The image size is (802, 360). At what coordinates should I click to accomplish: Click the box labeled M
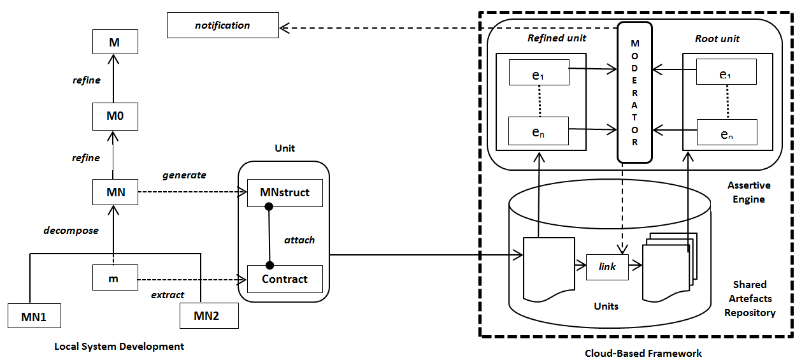pos(115,43)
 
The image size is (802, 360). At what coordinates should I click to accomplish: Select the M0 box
pos(115,117)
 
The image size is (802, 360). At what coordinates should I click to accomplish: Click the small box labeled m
pos(115,278)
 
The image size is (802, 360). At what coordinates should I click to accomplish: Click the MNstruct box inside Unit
pos(285,192)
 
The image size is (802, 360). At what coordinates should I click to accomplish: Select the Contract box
pos(285,279)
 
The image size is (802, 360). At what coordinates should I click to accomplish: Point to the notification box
pos(222,25)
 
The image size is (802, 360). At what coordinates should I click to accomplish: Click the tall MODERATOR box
pos(634,92)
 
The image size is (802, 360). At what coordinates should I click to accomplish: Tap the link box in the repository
pos(607,267)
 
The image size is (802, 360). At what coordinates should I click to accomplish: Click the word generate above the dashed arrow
pos(184,175)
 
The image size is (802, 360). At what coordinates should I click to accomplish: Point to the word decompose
pos(71,231)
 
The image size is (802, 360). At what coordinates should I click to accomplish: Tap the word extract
pos(168,295)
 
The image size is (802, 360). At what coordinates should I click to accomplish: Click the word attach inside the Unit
pos(299,240)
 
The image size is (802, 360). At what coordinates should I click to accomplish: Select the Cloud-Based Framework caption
pos(643,353)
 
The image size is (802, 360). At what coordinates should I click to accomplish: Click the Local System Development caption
pos(119,347)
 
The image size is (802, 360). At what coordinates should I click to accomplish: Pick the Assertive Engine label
pos(748,192)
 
